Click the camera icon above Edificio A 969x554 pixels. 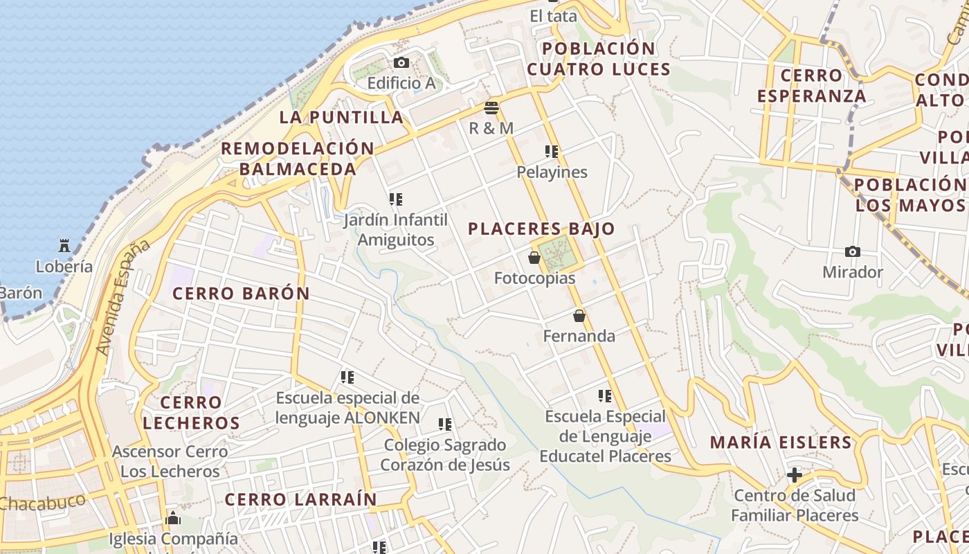401,63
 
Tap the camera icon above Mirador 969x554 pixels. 853,252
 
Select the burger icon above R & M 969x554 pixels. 491,108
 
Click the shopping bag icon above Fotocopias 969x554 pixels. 534,258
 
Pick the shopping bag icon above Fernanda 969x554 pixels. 579,316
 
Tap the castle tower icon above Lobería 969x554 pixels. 64,245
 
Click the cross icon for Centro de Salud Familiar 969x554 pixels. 795,475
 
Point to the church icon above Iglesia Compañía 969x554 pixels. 173,518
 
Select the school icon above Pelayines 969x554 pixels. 552,152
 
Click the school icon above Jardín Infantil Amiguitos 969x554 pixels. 396,199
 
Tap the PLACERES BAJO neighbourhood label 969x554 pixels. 541,229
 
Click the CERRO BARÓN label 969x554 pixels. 241,294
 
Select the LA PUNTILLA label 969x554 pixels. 341,117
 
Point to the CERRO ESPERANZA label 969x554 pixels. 811,85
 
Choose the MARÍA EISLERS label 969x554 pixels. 781,443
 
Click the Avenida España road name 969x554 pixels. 123,298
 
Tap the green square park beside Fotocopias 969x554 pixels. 558,254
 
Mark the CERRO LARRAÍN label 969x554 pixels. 301,499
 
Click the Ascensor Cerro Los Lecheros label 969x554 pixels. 170,462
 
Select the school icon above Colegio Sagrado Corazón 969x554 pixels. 445,424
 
